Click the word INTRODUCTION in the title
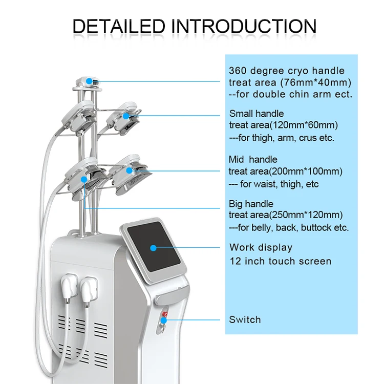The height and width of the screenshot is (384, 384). [x=243, y=26]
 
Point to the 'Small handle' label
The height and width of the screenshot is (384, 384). [x=256, y=114]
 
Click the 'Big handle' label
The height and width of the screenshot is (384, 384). [x=251, y=204]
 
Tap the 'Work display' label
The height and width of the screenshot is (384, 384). [x=261, y=247]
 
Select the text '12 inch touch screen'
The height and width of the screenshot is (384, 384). [x=280, y=261]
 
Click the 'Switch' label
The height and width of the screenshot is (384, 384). [x=245, y=319]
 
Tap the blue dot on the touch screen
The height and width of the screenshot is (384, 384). [x=153, y=248]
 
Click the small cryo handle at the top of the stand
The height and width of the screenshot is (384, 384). [x=88, y=81]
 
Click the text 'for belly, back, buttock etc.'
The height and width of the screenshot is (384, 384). [x=290, y=228]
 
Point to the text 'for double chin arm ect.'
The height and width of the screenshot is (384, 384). [x=291, y=95]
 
